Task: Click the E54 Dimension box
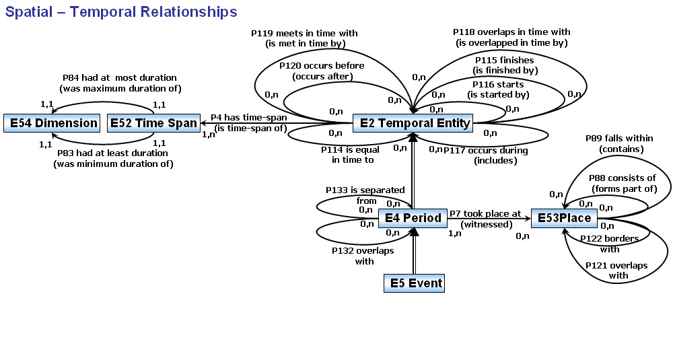[x=51, y=122]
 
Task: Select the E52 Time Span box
[x=153, y=122]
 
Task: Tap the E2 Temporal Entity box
[x=413, y=123]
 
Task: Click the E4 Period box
[x=413, y=218]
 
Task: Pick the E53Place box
[x=564, y=218]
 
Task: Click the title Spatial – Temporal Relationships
[x=121, y=12]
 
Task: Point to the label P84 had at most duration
[x=120, y=78]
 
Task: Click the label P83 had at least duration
[x=112, y=153]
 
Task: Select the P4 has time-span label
[x=249, y=118]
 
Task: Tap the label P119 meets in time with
[x=304, y=33]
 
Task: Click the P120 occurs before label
[x=322, y=65]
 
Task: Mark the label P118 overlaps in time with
[x=511, y=32]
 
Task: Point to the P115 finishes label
[x=504, y=60]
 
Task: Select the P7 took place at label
[x=485, y=213]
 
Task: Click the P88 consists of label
[x=623, y=178]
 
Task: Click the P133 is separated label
[x=365, y=191]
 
